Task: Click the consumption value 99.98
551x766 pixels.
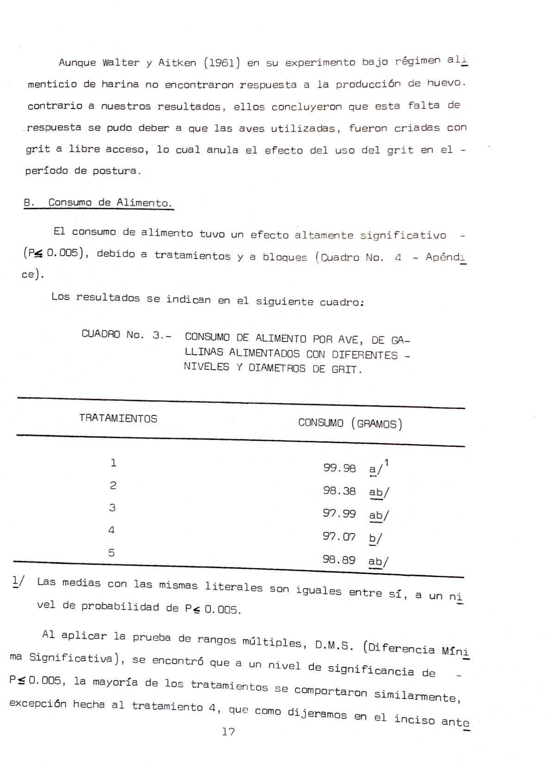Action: (339, 468)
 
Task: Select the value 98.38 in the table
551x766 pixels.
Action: (339, 491)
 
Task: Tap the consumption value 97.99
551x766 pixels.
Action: (339, 513)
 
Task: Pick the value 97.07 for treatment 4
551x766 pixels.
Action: (339, 537)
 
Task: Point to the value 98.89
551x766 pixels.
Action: (339, 560)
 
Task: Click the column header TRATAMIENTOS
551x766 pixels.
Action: (118, 419)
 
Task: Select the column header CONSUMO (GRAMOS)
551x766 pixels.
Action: (350, 423)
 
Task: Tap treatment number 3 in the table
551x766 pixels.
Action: (112, 507)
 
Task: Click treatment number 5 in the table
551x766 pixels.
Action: (111, 552)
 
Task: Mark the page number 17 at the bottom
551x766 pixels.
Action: (228, 732)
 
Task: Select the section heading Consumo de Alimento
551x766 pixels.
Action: (110, 203)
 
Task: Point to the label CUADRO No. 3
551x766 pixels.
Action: (125, 334)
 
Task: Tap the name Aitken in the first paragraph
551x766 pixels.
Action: (177, 63)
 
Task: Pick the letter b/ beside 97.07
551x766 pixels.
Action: (375, 538)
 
